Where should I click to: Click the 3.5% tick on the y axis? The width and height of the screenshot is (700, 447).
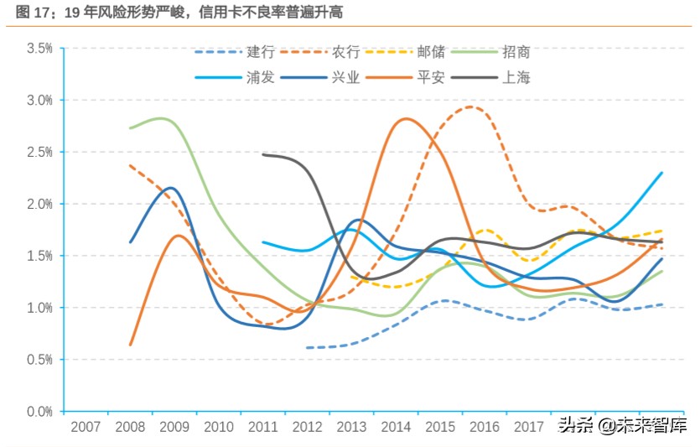pos(39,49)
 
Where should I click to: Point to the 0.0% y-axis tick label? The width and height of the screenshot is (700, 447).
pos(39,412)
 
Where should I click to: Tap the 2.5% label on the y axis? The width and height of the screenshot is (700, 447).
pos(39,153)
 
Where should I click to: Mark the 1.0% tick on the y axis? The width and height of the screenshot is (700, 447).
pos(39,308)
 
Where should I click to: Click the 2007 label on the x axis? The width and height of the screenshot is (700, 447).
pos(86,427)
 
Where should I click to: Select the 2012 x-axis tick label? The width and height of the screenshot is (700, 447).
pos(308,427)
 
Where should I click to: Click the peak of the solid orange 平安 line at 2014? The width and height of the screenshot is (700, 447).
pos(406,118)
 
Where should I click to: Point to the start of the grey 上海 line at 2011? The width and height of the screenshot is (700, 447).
pos(263,154)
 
